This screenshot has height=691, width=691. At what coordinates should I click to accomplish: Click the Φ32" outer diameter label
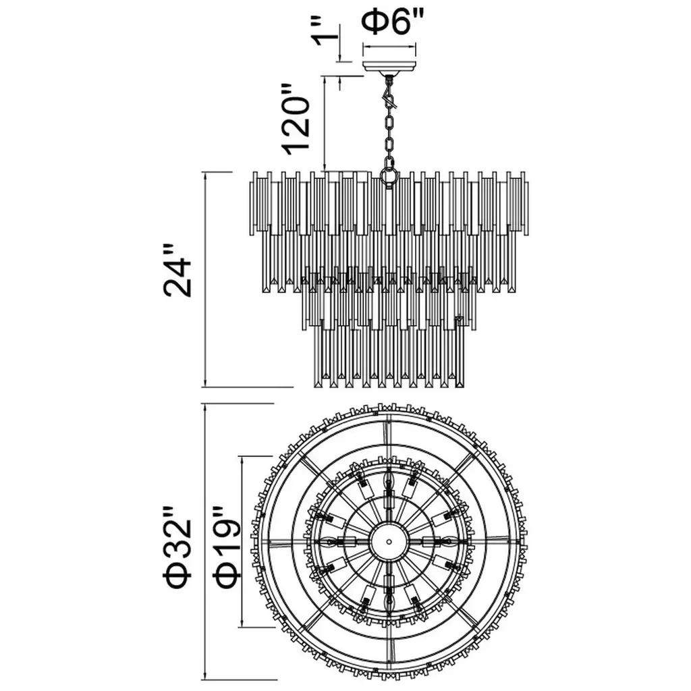[178, 553]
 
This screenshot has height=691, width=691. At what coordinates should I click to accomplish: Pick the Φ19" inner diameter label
[227, 553]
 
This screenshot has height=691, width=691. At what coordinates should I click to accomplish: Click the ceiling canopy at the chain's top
[389, 68]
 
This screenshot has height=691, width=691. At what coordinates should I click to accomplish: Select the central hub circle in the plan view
[389, 541]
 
